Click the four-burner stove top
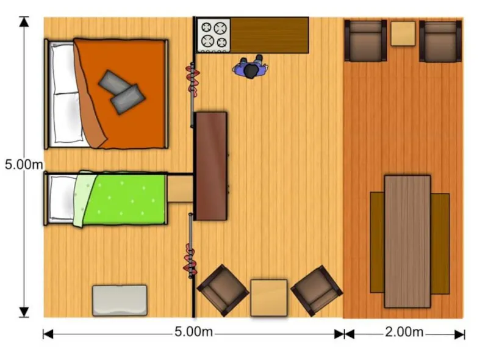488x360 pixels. point(213,35)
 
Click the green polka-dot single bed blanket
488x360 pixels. point(128,198)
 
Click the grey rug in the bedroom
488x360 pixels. point(120,300)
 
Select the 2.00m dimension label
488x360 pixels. point(404,333)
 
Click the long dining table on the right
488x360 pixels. point(407,241)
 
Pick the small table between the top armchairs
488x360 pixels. point(403,33)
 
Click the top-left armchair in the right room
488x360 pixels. point(365,41)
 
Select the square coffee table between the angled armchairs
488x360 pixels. point(269,297)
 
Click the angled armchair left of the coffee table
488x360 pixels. point(222,289)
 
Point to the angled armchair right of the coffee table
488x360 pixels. point(316,289)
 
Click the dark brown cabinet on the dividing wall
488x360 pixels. point(211,165)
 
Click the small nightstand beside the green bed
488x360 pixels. point(180,189)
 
